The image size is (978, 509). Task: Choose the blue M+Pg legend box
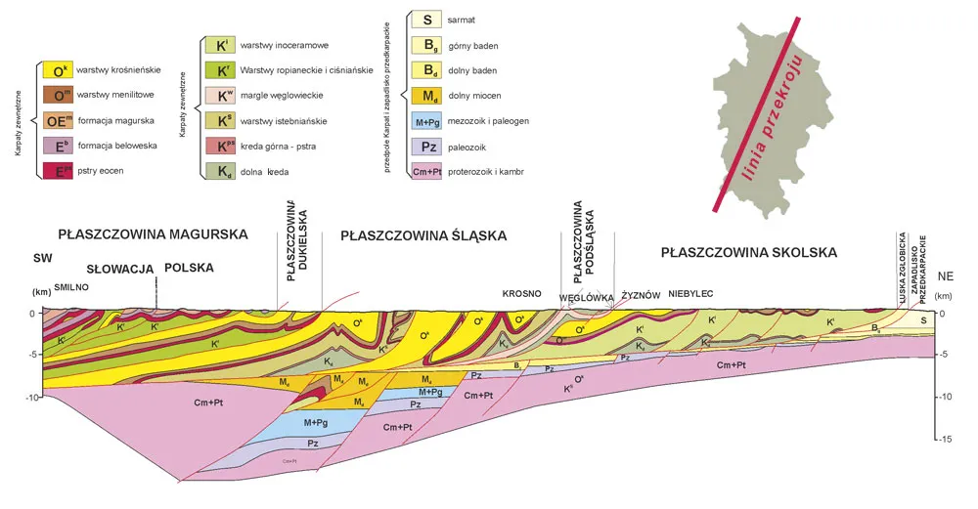[x=427, y=121]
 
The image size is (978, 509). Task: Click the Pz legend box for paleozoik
[x=427, y=147]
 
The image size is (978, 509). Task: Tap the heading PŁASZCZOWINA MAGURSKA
[x=154, y=234]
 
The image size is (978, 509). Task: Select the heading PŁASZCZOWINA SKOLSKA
[x=748, y=252]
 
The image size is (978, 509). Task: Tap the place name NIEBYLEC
[x=691, y=293]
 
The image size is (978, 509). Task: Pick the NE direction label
[x=945, y=276]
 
